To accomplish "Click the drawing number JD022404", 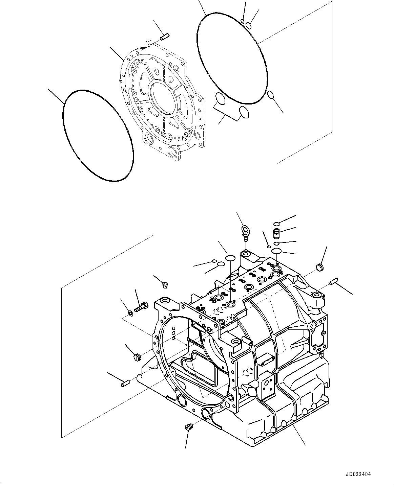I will coord(358,474).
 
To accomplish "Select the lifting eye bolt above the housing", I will coord(246,232).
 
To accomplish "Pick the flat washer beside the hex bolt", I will coord(131,311).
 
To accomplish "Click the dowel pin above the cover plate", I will coord(165,35).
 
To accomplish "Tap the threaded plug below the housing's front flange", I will coord(188,427).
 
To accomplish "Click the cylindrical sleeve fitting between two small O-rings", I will coord(277,233).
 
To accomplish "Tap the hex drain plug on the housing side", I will coord(250,391).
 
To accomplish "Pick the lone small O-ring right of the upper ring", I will coord(270,95).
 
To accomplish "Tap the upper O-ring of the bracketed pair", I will coord(220,99).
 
